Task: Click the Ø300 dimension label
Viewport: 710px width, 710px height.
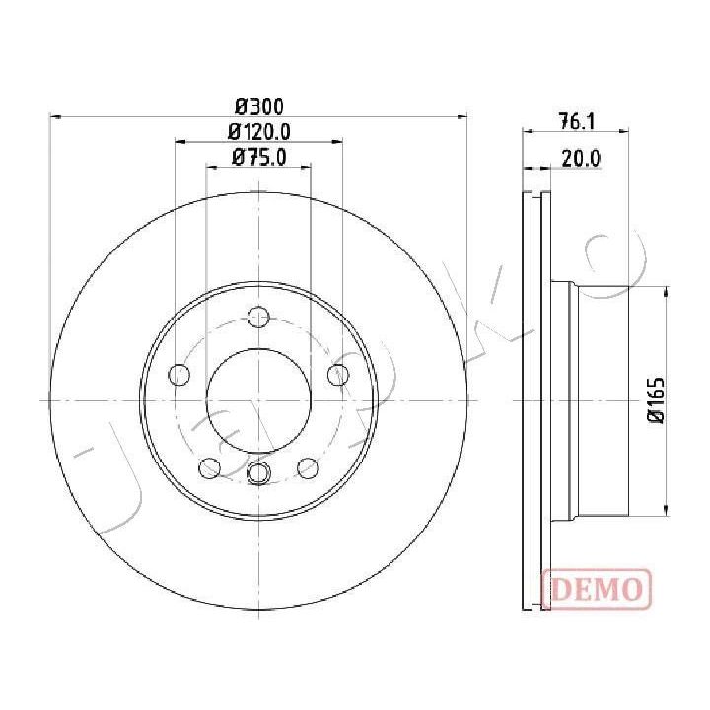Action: coord(259,106)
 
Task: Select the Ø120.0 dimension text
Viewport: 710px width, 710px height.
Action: coord(259,132)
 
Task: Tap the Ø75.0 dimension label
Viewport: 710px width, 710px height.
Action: coord(259,157)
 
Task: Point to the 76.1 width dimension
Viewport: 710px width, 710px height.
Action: coord(577,122)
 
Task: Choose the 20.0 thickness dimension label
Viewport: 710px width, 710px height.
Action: coord(581,159)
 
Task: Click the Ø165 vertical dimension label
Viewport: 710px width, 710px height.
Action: coord(656,400)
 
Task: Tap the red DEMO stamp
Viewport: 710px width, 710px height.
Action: coord(597,589)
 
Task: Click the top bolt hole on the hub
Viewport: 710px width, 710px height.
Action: coord(259,317)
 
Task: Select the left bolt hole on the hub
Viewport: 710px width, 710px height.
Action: coord(178,375)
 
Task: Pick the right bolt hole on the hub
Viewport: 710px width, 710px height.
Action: coord(338,375)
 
